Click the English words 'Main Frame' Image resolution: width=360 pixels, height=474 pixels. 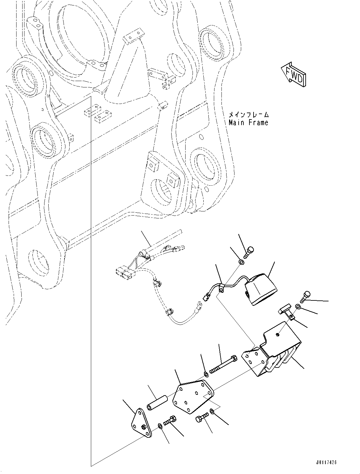pyautogui.click(x=248, y=122)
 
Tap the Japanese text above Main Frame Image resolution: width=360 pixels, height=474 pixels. pyautogui.click(x=249, y=114)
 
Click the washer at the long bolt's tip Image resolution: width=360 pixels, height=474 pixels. pyautogui.click(x=206, y=374)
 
